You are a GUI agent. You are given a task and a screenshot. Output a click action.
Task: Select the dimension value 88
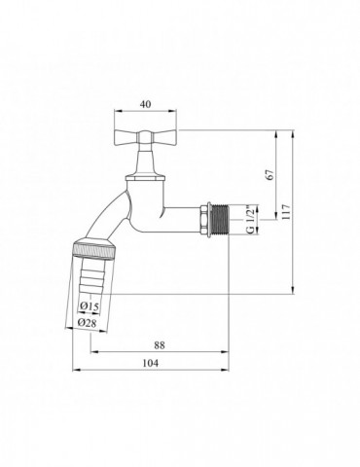point(160,344)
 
